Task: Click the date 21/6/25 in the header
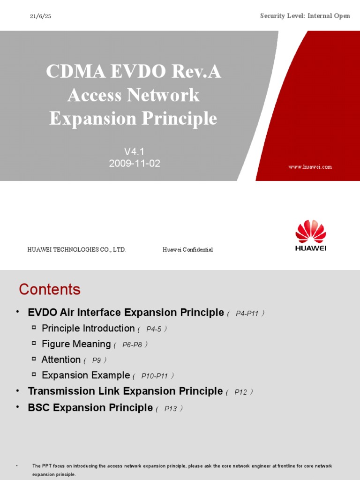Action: [x=41, y=16]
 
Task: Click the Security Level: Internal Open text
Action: [x=305, y=16]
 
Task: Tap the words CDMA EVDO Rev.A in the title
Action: [x=133, y=72]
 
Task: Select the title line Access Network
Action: [x=133, y=96]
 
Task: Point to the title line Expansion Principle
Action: [x=133, y=119]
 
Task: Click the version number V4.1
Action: [x=135, y=151]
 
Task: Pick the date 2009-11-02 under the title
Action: [x=135, y=164]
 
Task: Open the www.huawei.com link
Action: [x=310, y=167]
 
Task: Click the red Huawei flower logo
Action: [x=310, y=232]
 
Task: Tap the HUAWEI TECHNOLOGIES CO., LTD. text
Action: [x=77, y=250]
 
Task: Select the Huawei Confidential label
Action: [x=187, y=250]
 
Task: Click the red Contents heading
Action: [x=50, y=289]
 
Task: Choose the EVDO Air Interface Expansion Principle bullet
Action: [x=126, y=313]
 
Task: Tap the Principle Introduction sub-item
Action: [x=88, y=329]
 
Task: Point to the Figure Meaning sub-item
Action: [x=76, y=344]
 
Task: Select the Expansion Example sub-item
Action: [x=85, y=375]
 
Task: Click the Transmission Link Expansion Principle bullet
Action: [x=125, y=391]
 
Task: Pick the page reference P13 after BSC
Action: [x=171, y=409]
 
